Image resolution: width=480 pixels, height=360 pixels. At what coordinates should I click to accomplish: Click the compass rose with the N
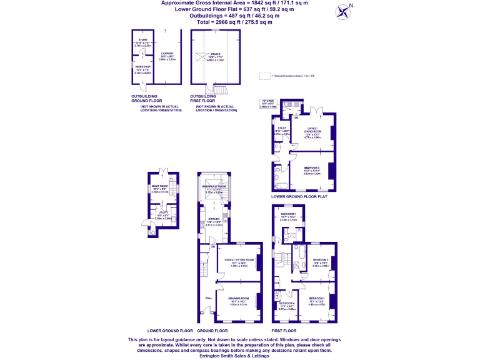coord(342,10)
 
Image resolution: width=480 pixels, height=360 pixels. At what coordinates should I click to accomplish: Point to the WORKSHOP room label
coord(142,66)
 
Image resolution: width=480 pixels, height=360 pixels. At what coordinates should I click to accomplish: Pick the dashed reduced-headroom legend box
coord(264,75)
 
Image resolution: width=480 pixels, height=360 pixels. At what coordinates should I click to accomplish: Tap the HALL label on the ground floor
coord(208,298)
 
